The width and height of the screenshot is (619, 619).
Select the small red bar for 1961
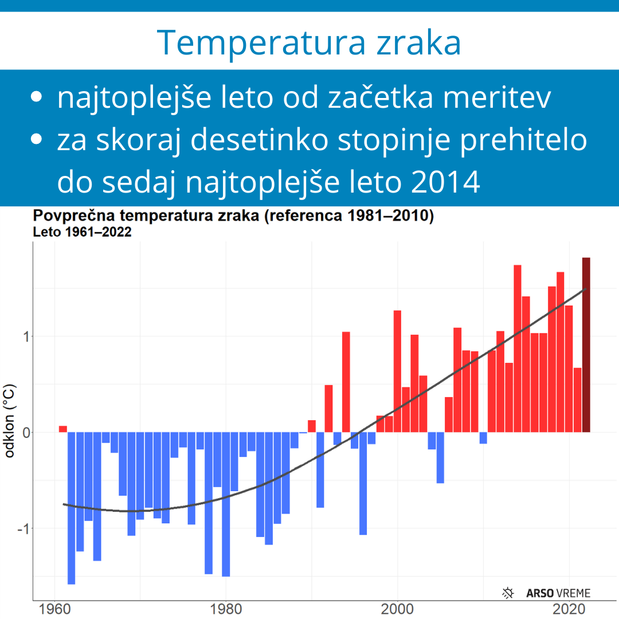click(x=63, y=429)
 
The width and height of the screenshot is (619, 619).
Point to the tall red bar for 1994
click(x=346, y=382)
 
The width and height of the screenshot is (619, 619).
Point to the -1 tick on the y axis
click(x=22, y=528)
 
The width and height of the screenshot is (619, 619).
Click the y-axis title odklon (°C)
click(x=10, y=421)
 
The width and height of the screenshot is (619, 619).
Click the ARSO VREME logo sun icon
click(x=508, y=593)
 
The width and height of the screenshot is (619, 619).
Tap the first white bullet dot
click(x=37, y=97)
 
